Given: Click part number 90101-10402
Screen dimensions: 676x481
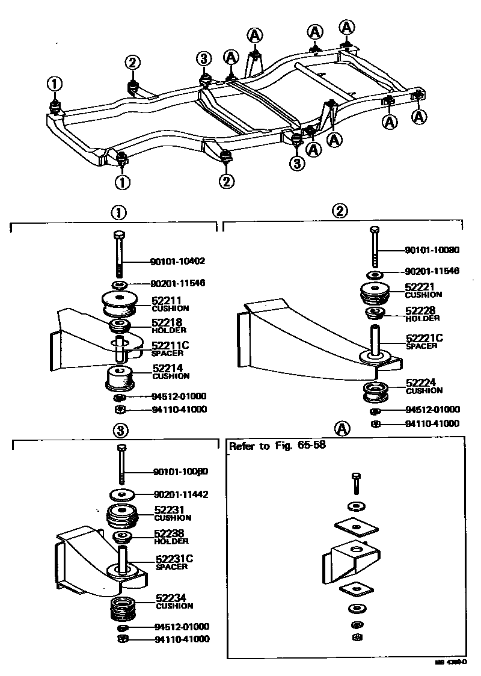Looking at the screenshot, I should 177,262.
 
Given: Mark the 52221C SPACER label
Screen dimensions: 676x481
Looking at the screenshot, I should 423,342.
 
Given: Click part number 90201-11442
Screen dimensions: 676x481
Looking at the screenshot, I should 181,494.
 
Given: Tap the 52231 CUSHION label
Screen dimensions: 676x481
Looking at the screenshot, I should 173,513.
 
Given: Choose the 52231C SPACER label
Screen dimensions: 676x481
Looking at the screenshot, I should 174,562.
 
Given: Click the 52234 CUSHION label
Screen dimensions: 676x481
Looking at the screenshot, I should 174,601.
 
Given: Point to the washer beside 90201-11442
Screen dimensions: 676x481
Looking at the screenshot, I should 123,494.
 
